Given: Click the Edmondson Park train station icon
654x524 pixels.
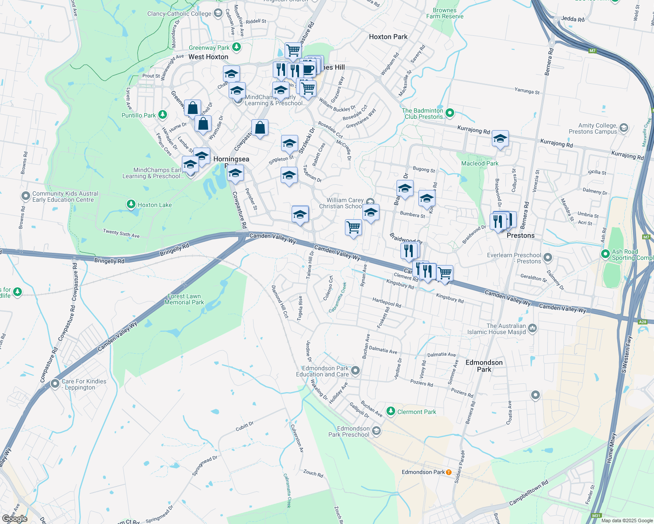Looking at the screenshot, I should click(x=449, y=472).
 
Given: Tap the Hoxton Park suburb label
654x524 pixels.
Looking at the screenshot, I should click(x=388, y=37).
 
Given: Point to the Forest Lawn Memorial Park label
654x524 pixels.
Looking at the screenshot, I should click(x=184, y=299).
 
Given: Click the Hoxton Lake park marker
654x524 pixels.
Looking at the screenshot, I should click(x=131, y=204).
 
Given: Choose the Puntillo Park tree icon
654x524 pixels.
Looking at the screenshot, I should click(x=163, y=115).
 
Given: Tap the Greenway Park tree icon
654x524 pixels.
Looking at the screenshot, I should click(x=237, y=47).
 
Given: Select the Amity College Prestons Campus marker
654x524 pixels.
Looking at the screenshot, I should click(x=624, y=128).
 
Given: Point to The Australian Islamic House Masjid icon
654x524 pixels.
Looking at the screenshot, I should click(x=532, y=328).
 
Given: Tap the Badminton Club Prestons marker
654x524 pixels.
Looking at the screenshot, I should click(x=450, y=113).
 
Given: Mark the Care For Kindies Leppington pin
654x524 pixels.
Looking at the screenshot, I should click(x=55, y=384).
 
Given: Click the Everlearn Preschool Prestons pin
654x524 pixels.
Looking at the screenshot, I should click(x=548, y=258).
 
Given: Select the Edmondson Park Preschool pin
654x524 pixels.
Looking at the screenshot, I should click(x=376, y=431).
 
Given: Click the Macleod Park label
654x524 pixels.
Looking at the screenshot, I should click(x=480, y=163).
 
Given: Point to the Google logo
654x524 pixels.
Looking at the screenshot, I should click(x=15, y=519).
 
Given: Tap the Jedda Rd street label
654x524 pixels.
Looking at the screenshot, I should click(x=572, y=19).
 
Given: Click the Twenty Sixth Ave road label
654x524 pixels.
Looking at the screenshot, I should click(x=121, y=234).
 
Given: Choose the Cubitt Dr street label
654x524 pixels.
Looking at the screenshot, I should click(x=244, y=426).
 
